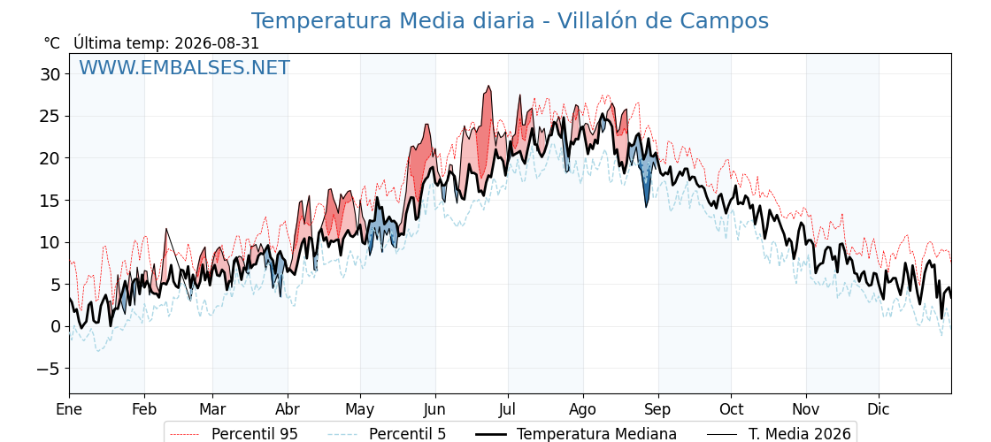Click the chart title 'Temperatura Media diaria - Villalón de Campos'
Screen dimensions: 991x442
(510, 21)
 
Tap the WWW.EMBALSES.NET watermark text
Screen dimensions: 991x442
(185, 67)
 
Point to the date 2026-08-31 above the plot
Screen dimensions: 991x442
(217, 43)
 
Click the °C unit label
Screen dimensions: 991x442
(52, 43)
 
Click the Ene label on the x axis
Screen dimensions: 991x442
(69, 409)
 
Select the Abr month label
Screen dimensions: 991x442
(288, 409)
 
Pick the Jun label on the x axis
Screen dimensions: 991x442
(435, 409)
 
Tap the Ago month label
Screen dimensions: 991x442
(583, 409)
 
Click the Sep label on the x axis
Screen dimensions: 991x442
(658, 409)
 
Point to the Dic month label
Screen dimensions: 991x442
(879, 409)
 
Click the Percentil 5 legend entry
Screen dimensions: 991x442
(388, 434)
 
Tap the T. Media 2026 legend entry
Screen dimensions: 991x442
(779, 434)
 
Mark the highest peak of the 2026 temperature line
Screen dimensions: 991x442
(488, 87)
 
